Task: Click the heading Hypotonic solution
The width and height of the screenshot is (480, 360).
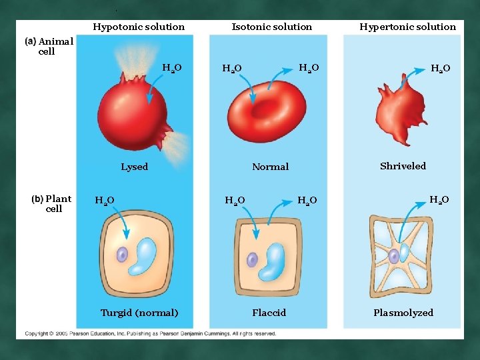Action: coord(139,27)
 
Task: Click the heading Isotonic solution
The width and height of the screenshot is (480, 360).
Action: coord(271,27)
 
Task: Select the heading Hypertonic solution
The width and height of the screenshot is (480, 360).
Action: coord(407,27)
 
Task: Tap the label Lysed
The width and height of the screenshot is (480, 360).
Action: coord(134,167)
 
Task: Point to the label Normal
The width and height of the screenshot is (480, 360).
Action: coord(270,167)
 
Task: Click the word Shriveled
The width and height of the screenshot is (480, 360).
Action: coord(403,166)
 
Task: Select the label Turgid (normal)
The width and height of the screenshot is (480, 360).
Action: coord(139,313)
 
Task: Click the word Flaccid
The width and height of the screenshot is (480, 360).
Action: coord(269,313)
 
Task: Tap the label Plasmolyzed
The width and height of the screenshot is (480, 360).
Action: coord(403,313)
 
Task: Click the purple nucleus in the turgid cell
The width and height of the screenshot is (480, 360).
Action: coord(122,255)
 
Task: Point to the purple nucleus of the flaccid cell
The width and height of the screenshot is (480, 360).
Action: coord(253,261)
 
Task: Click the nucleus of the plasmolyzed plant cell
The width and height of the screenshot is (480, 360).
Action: coord(395,255)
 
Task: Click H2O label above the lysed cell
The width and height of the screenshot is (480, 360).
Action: coord(171,67)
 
